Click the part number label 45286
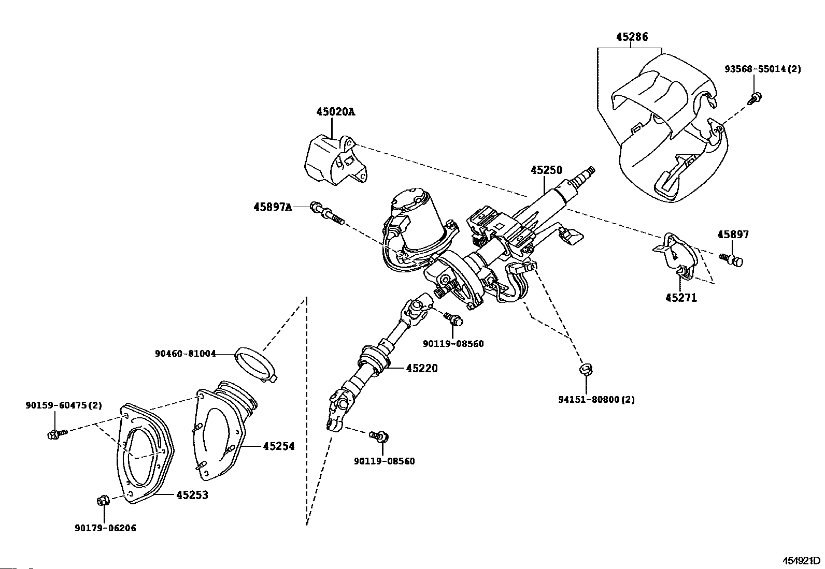pos(632,37)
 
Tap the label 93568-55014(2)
pos(763,69)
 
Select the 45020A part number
pos(335,112)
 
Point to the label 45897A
pos(273,207)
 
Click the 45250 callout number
pos(547,170)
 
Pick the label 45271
pos(681,297)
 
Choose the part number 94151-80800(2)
pos(596,399)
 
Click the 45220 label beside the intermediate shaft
pos(422,368)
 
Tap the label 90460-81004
pos(185,354)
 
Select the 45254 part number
pos(279,446)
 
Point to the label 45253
pos(192,495)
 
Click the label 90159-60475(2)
pos(64,405)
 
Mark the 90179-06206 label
pos(105,528)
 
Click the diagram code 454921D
pos(801,561)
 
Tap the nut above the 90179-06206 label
pos(103,501)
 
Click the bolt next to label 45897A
pos(328,213)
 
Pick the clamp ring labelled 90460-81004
pos(255,364)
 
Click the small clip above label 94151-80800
pos(586,369)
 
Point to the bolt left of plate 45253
pos(58,433)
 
